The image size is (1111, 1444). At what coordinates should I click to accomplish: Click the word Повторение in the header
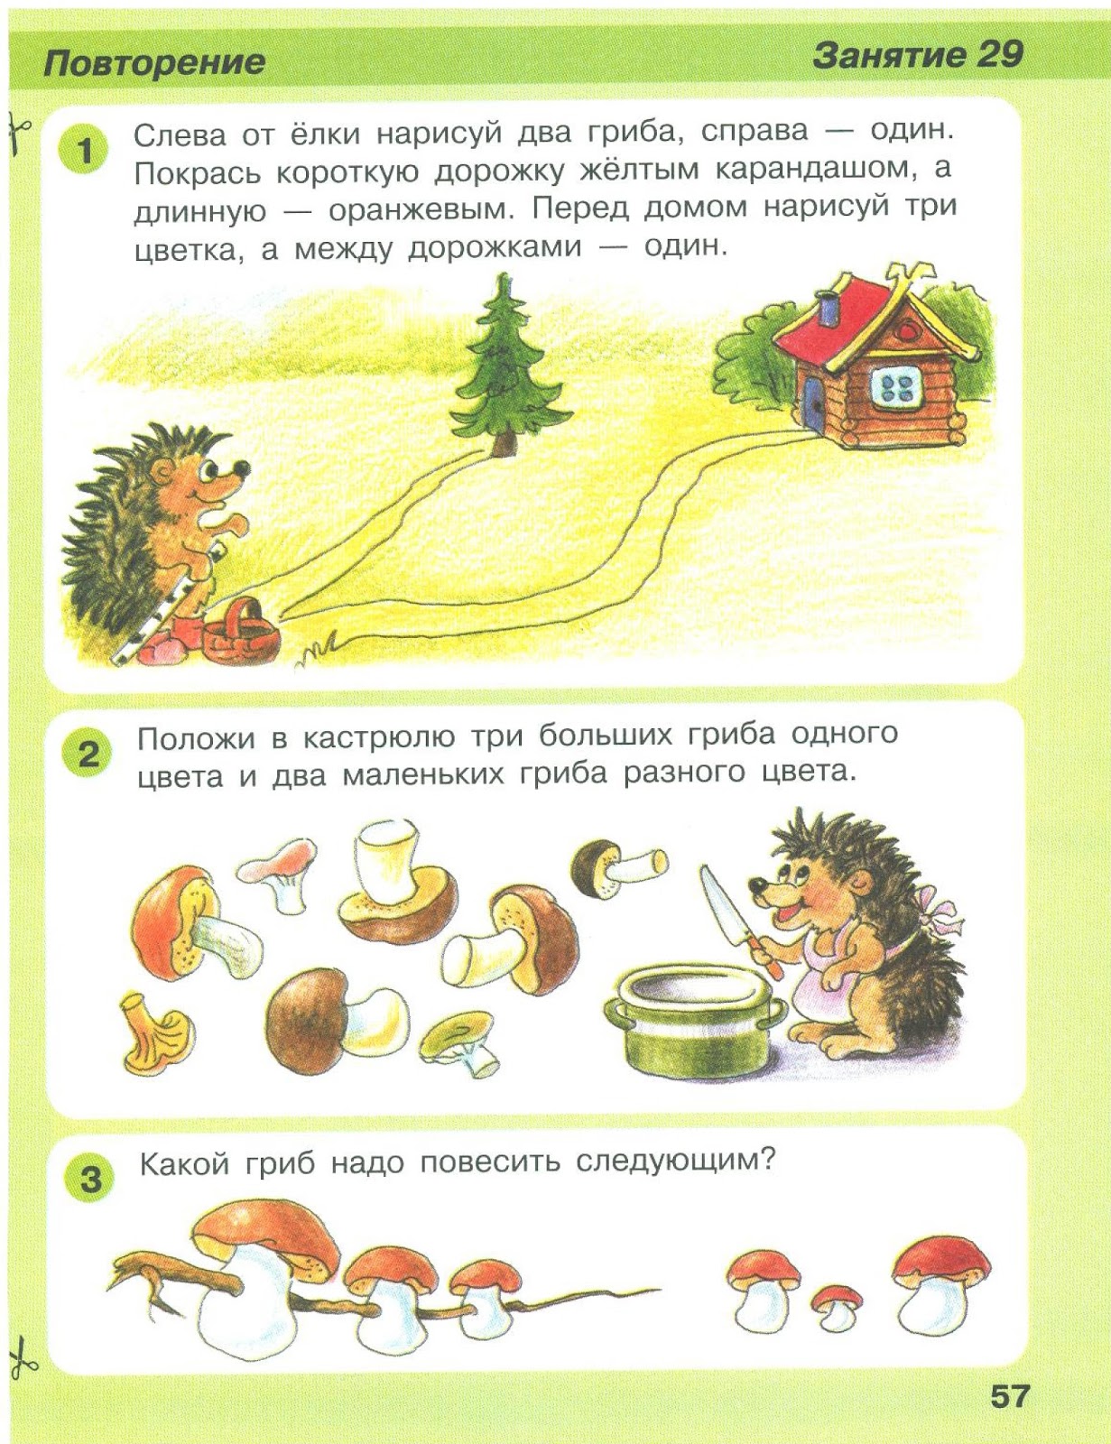(x=154, y=63)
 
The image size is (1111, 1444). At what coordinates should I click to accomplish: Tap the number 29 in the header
(x=999, y=55)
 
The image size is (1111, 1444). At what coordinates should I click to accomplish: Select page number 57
(x=1009, y=1396)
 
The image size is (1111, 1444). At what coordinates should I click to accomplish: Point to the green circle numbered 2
(x=88, y=754)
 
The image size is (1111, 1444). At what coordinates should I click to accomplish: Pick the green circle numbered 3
(x=90, y=1179)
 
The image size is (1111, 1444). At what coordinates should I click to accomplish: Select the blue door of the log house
(x=811, y=403)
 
